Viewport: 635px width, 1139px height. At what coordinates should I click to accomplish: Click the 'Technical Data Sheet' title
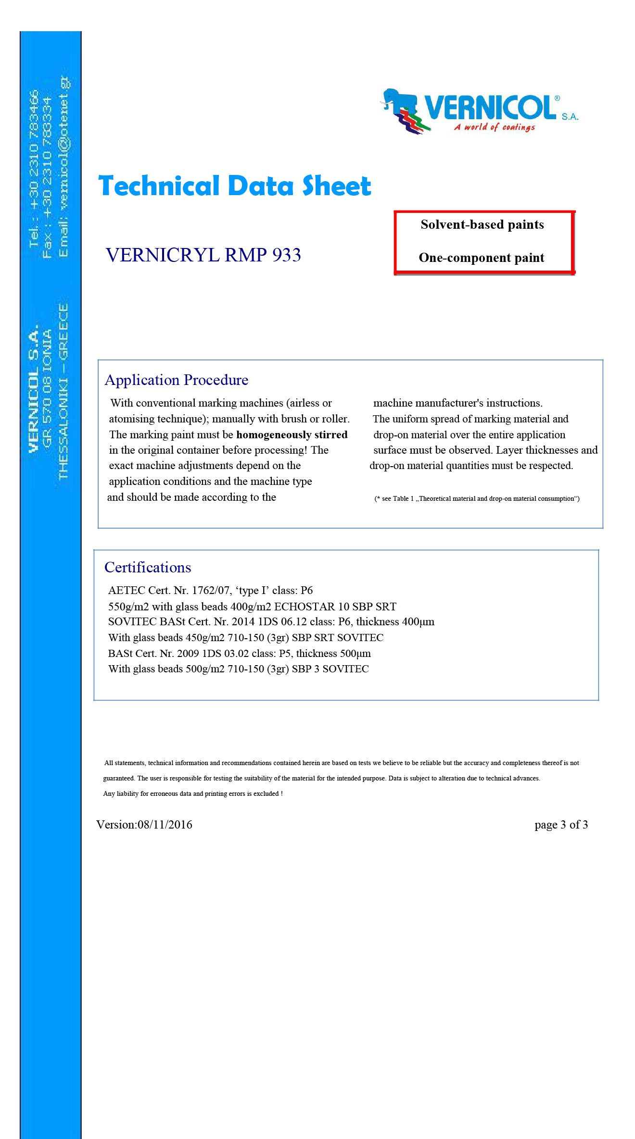[x=234, y=186]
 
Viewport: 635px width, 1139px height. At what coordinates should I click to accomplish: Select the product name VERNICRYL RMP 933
[x=203, y=255]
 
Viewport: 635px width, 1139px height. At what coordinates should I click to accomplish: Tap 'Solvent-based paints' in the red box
[x=482, y=225]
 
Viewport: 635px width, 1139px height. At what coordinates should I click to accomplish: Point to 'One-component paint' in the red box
[x=481, y=258]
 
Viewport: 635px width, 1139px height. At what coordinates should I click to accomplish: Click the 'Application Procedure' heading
[x=176, y=380]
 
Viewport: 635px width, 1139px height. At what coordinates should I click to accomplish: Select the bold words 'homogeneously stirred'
[x=292, y=435]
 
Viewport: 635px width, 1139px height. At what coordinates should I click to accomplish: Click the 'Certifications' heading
[x=147, y=568]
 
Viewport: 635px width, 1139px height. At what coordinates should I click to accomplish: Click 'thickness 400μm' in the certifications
[x=395, y=622]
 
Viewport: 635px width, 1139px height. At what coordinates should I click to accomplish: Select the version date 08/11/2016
[x=165, y=825]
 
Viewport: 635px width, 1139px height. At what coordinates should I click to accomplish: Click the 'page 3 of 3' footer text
[x=561, y=825]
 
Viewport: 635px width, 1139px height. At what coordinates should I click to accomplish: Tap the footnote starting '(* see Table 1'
[x=477, y=499]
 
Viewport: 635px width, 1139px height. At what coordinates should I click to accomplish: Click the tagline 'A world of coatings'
[x=494, y=127]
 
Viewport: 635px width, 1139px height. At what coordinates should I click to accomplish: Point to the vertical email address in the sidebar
[x=63, y=166]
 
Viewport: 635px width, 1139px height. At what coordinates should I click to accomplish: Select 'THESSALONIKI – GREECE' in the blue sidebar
[x=63, y=392]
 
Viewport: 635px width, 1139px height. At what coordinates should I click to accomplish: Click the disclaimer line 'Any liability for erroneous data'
[x=192, y=793]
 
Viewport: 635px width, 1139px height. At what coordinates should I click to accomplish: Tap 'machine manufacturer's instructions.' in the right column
[x=457, y=403]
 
